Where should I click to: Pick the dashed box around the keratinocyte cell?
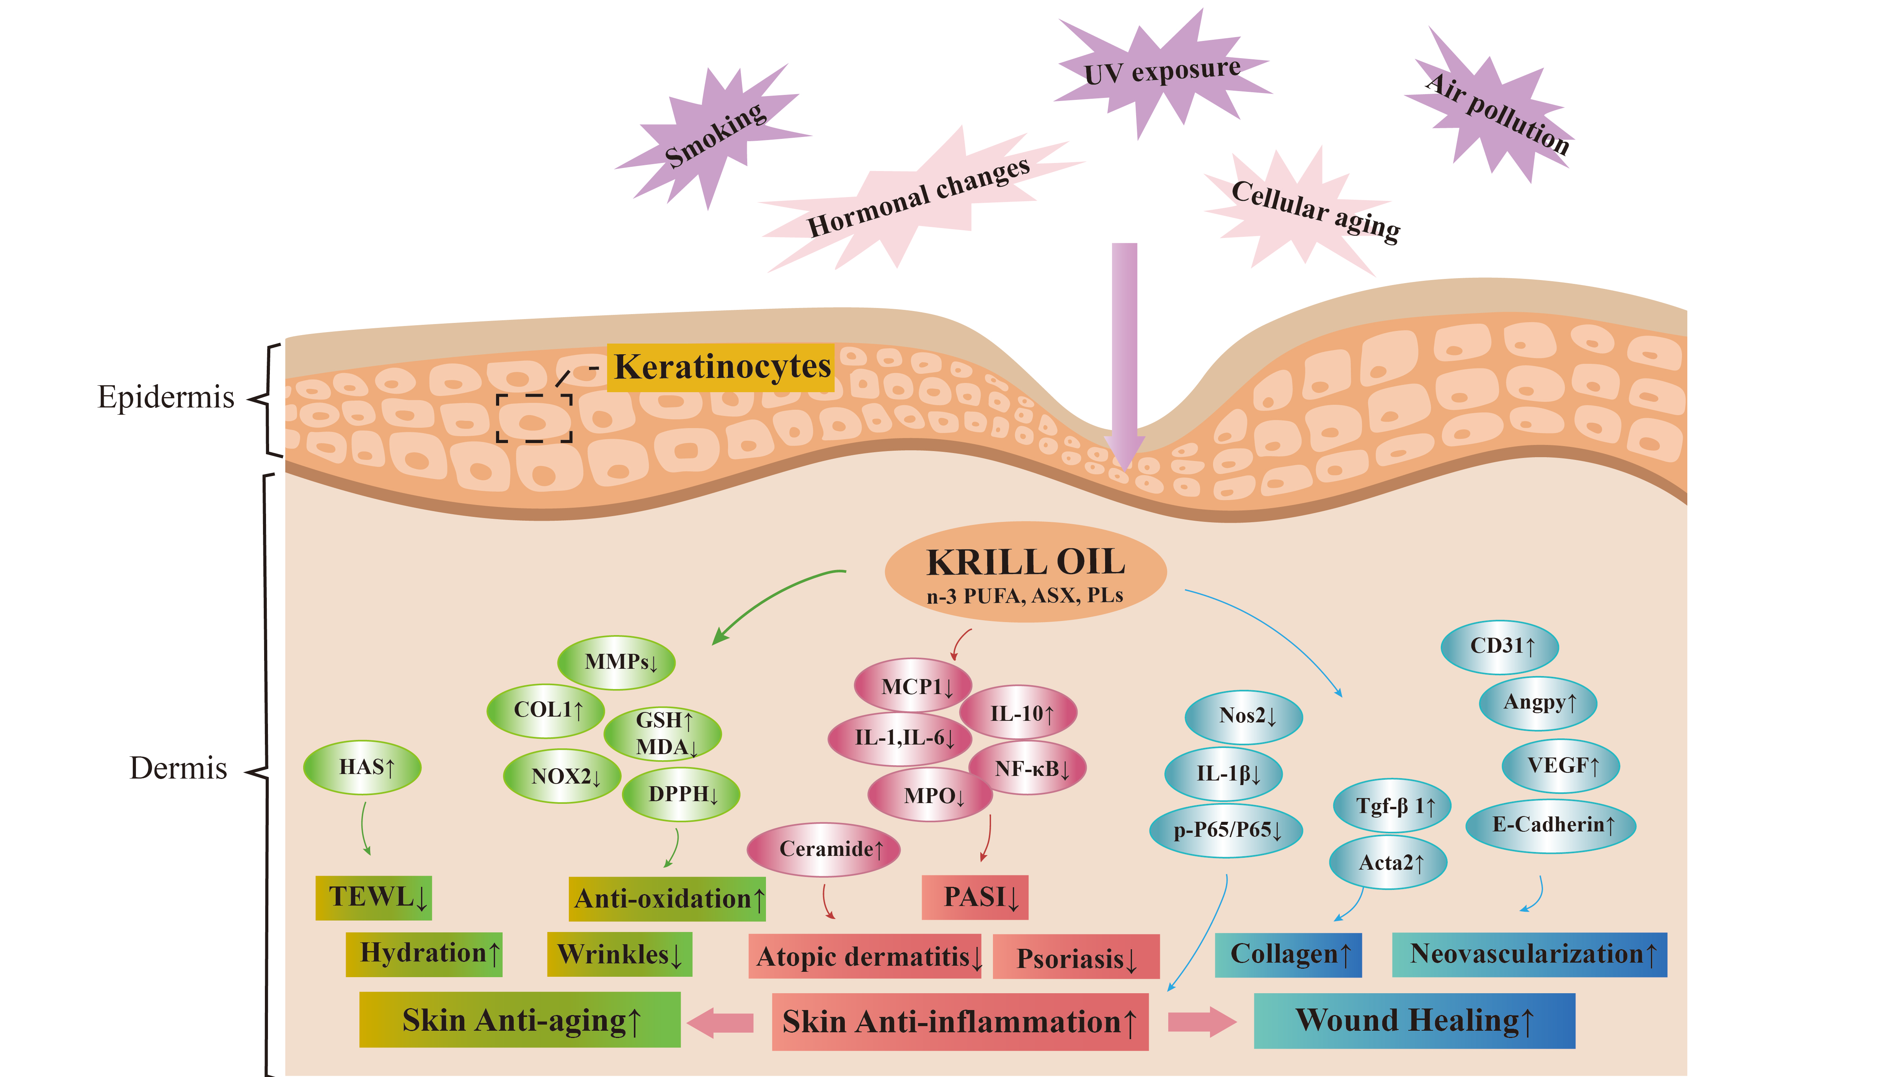pyautogui.click(x=534, y=418)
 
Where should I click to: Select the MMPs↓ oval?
pyautogui.click(x=616, y=662)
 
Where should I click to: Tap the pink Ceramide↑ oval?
pyautogui.click(x=824, y=849)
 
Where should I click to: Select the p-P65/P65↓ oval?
pyautogui.click(x=1226, y=830)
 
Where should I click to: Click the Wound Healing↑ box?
pyautogui.click(x=1414, y=1021)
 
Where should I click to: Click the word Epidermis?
pyautogui.click(x=166, y=397)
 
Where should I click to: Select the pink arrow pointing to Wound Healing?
pyautogui.click(x=1200, y=1022)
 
